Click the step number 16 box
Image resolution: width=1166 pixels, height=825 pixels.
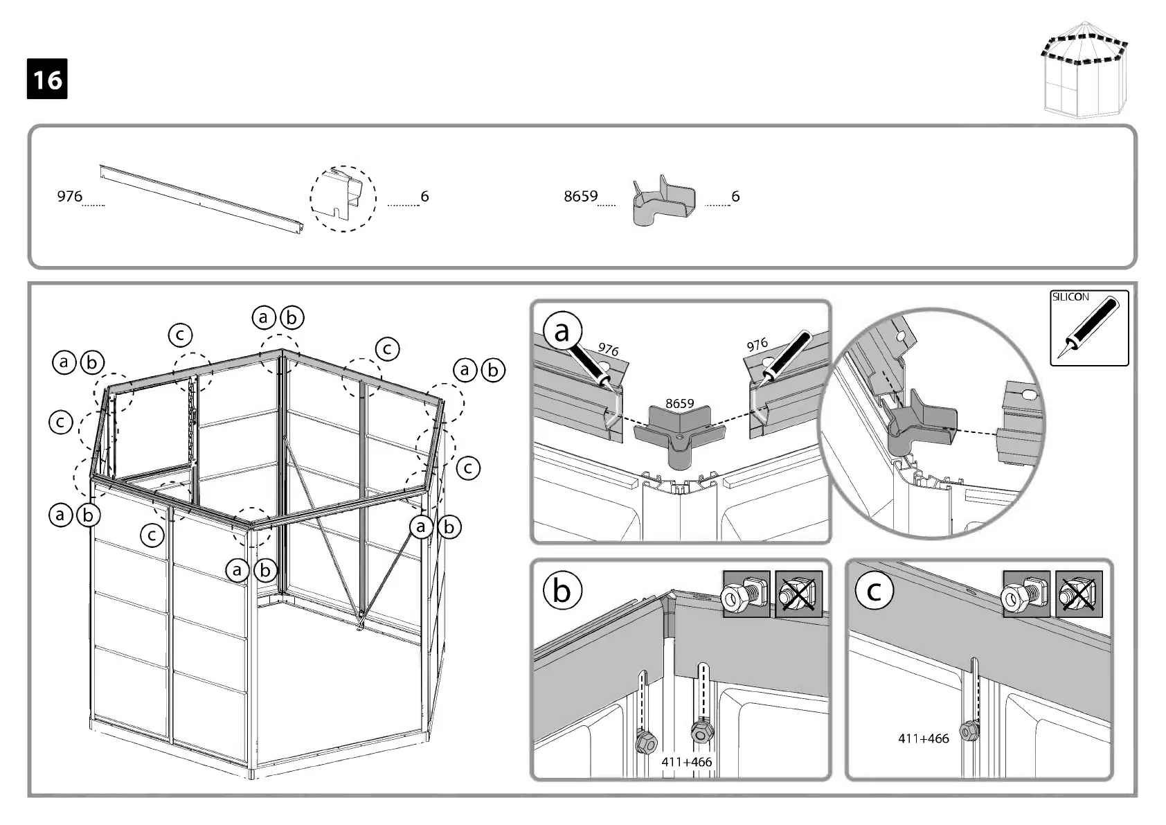47,79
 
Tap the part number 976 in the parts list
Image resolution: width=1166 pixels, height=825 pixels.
69,197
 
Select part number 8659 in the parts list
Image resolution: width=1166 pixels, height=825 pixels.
580,197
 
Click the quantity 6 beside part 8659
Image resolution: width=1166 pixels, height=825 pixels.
735,197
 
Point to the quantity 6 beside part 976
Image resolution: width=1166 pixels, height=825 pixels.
424,197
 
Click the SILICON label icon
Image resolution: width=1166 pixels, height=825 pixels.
1089,328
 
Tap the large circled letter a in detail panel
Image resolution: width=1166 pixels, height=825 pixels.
562,331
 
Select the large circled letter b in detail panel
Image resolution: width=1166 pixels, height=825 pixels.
562,591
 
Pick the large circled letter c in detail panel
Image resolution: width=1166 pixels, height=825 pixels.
874,591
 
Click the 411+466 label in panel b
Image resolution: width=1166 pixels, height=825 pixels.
686,762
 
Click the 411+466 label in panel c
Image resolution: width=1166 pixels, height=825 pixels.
923,738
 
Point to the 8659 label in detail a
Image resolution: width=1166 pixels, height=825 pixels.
679,403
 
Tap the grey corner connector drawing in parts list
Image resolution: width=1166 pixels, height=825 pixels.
663,200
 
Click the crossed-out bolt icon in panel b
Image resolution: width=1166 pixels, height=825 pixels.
798,594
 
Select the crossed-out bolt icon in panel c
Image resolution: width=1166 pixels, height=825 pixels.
1078,594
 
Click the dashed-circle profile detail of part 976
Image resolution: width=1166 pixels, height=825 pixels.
343,199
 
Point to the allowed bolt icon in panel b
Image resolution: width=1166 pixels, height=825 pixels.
746,594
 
